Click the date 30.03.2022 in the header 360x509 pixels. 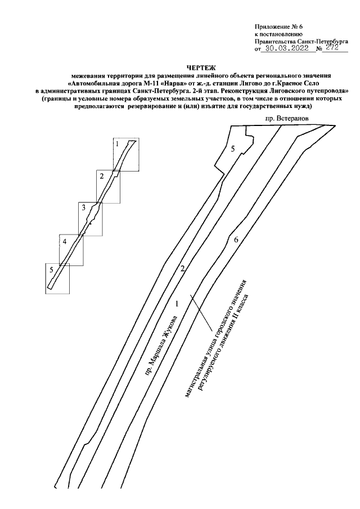287,49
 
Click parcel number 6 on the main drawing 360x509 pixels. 236,240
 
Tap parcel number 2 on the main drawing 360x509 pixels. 182,268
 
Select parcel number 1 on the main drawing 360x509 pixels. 177,304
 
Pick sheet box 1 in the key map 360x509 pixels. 124,155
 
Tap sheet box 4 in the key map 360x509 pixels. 71,249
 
